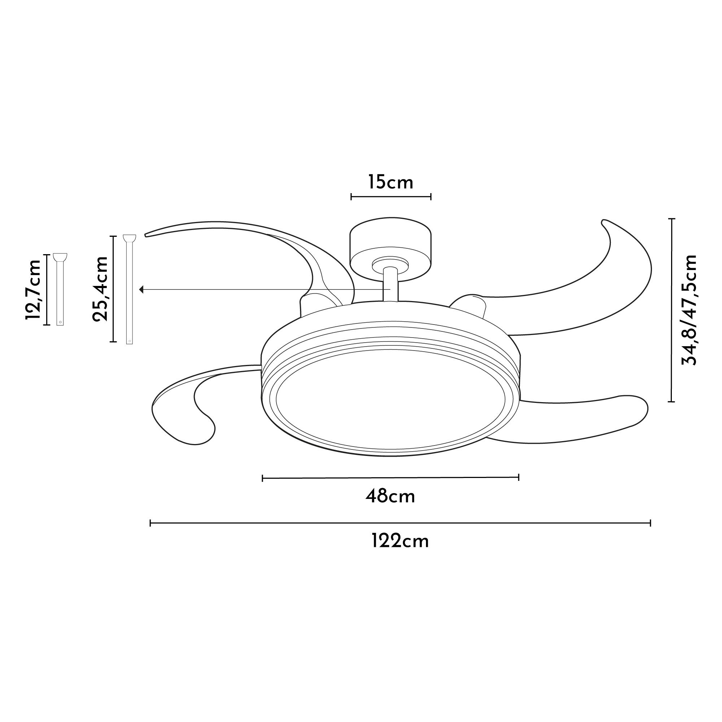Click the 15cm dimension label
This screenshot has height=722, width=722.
(391, 183)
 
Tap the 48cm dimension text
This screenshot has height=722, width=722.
(390, 497)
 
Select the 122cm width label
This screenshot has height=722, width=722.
(400, 541)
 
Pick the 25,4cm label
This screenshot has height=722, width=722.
(100, 288)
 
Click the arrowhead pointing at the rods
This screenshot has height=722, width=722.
(141, 290)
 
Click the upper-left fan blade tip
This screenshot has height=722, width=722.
(149, 234)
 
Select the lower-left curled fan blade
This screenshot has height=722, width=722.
(179, 407)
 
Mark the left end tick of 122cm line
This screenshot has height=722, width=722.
(150, 523)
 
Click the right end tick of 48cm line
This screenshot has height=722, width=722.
(519, 477)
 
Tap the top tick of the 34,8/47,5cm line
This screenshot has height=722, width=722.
(673, 219)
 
